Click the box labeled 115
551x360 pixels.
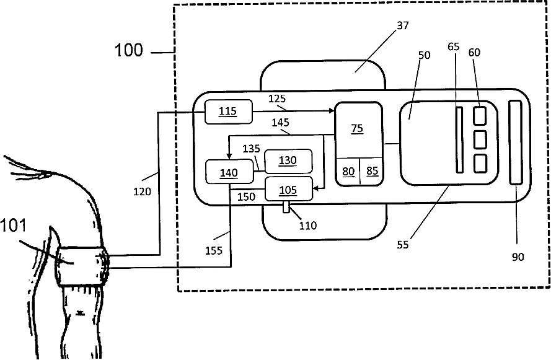point(229,112)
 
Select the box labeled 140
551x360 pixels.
point(229,172)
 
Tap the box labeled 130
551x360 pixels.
point(288,161)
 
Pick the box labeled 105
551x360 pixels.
point(288,189)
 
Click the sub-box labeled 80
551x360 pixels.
point(348,172)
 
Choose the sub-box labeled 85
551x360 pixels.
point(371,172)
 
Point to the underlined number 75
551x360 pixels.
point(357,128)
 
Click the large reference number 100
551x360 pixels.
point(129,50)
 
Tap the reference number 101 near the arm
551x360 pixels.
point(13,225)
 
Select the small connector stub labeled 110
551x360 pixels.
point(286,207)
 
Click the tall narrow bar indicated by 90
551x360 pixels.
point(516,143)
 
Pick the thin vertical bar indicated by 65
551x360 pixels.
point(459,140)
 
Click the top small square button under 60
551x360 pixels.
point(480,116)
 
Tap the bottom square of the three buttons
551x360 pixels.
point(480,164)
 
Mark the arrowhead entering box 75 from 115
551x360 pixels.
point(332,111)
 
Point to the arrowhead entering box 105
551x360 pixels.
point(315,188)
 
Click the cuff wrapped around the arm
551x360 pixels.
point(82,266)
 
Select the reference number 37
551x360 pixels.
point(403,25)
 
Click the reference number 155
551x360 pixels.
point(214,250)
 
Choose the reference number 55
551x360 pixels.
point(403,245)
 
